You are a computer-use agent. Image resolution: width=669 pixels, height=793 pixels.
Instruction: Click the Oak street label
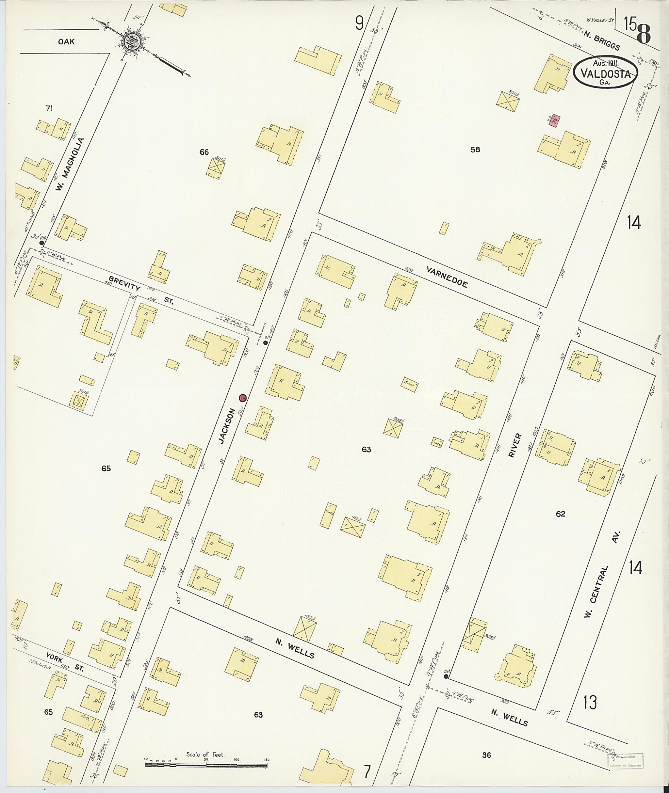[66, 42]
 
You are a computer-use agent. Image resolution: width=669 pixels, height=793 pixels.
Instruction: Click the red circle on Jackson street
[243, 398]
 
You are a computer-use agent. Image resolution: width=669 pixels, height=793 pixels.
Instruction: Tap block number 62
[560, 514]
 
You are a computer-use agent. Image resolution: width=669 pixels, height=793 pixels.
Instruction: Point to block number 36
[487, 744]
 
